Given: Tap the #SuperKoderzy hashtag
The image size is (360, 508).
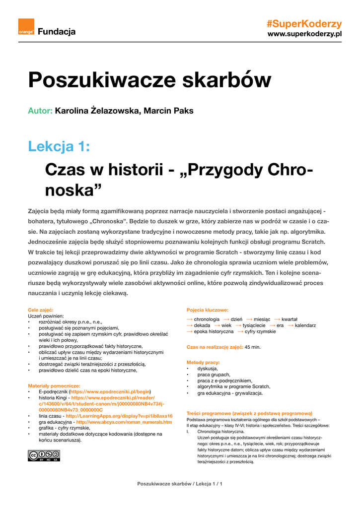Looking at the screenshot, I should click(304, 24).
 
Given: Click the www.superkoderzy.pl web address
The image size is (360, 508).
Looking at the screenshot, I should click(305, 34).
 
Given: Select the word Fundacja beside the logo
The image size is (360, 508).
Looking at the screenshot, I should click(57, 32).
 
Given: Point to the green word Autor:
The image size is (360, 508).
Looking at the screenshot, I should click(40, 111).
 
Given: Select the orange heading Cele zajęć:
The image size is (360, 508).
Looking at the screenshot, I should click(40, 310).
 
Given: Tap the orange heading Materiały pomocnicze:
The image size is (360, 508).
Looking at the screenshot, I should click(54, 385).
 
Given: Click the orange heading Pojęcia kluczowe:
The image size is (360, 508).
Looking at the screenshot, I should click(207, 310).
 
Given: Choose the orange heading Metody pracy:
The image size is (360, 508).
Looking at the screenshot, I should click(203, 362).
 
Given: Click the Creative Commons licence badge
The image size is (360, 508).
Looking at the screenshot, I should click(44, 456).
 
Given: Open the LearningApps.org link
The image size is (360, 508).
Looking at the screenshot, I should click(119, 416).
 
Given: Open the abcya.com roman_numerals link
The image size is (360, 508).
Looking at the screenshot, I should click(124, 422).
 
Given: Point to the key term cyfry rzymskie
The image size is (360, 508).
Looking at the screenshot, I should click(260, 331).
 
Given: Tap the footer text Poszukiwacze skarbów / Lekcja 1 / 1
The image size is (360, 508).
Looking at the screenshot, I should click(180, 484).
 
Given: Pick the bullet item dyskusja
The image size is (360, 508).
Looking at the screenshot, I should click(208, 369).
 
